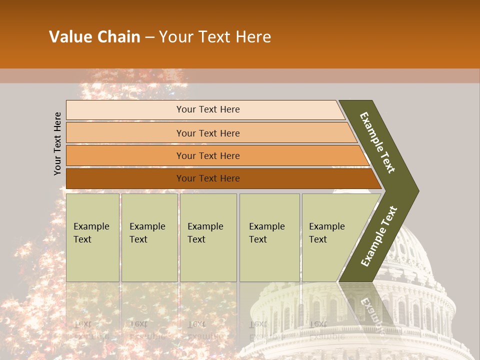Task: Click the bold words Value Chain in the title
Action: click(x=94, y=37)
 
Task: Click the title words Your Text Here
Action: click(x=215, y=37)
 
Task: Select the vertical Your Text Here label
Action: click(x=57, y=143)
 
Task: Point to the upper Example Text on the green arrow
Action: click(x=377, y=142)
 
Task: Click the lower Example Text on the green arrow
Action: click(x=379, y=236)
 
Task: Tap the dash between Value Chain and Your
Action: click(x=149, y=37)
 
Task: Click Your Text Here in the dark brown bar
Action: click(x=208, y=178)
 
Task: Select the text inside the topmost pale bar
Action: click(x=208, y=109)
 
